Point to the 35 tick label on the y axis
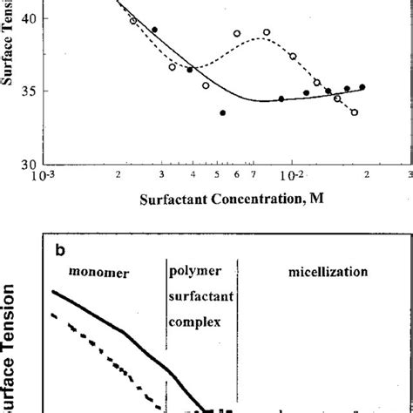tap(26, 91)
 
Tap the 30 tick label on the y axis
tap(26, 164)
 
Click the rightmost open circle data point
tap(355, 112)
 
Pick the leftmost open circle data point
tap(133, 20)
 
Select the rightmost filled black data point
tap(362, 86)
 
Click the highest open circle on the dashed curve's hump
tap(267, 32)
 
